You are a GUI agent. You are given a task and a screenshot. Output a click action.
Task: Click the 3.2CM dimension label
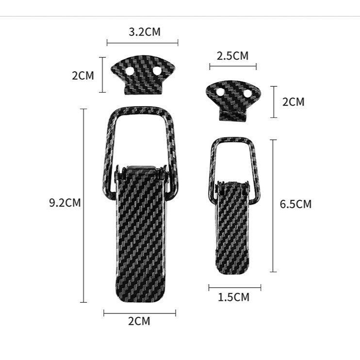144,33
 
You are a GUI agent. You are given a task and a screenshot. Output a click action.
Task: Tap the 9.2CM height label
65,203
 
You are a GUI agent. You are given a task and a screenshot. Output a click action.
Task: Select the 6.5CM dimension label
295,204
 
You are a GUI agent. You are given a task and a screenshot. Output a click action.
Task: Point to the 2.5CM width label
232,55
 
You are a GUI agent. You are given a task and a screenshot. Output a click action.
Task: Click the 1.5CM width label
233,297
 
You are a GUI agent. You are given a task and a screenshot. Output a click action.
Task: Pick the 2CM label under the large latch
139,321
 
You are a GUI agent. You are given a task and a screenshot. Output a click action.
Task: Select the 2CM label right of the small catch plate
293,102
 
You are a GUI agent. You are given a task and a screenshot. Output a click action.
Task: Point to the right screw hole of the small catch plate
247,92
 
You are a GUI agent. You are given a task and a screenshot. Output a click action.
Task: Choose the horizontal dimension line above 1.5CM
234,287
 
